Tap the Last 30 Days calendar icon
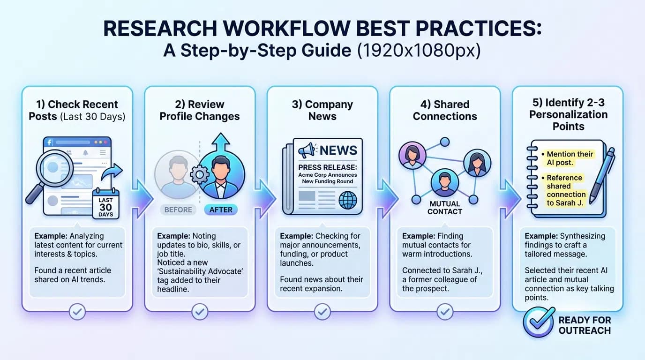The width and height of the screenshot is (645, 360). coord(105,203)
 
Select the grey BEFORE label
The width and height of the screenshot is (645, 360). coord(178,210)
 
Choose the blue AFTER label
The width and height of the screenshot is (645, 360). coord(221,210)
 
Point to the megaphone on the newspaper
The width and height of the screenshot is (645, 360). coord(306,150)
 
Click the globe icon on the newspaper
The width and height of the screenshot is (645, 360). coord(347,200)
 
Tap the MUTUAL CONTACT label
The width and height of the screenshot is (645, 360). coord(444,208)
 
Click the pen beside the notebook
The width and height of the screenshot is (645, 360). coord(602,176)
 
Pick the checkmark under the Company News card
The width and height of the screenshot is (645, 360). coord(322,311)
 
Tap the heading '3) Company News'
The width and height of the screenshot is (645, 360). coord(322,110)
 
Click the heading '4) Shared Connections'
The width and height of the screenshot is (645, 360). coord(445,110)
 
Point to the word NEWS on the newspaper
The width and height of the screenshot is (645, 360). coord(338,150)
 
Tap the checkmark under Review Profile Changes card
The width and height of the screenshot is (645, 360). coord(200,311)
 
